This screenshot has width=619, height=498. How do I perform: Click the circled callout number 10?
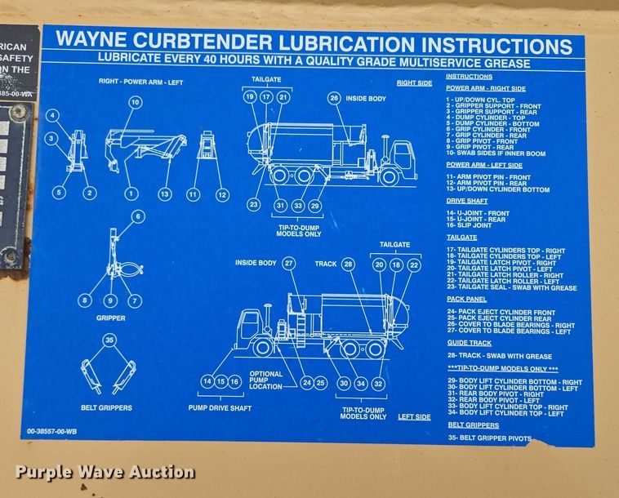coord(135,102)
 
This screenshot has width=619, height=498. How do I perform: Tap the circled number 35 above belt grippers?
coord(109,340)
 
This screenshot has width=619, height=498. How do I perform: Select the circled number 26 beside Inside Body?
coord(333,97)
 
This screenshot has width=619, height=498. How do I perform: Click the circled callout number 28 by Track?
coord(348,264)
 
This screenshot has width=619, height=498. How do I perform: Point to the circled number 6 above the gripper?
coord(137,216)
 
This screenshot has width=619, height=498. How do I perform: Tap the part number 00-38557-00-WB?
coord(52,431)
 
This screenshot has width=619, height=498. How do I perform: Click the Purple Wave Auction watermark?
coord(105,472)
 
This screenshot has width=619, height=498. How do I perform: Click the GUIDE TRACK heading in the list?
coord(470,344)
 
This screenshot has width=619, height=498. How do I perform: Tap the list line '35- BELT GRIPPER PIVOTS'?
coord(488,438)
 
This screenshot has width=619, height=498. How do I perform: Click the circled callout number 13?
coord(165,194)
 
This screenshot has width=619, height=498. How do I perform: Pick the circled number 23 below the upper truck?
coord(254,205)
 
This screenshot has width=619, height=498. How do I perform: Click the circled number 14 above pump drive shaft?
coord(207,381)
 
